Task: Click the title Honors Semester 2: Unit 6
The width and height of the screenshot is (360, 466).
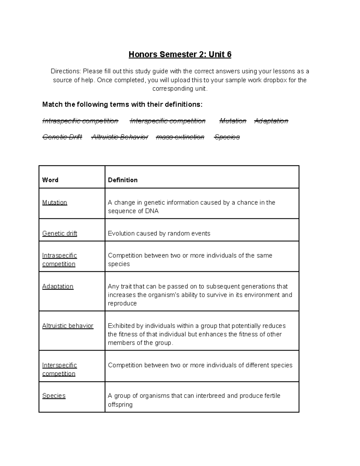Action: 180,54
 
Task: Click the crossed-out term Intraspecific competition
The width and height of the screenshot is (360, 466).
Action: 80,121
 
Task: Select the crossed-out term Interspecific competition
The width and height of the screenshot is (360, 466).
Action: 167,121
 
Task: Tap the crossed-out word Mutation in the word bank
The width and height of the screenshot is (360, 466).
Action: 232,121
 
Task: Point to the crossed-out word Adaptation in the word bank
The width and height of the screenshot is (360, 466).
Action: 271,121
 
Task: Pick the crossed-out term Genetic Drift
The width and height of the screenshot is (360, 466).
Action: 62,137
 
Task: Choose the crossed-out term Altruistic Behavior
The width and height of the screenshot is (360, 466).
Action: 120,137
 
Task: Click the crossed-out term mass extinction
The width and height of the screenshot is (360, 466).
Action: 180,137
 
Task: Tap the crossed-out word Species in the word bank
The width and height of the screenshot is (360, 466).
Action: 227,137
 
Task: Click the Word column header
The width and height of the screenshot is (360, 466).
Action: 50,180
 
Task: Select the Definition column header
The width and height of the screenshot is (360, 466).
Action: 123,180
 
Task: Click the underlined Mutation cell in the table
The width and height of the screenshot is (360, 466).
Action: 55,203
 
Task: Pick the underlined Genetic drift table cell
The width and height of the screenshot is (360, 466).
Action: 60,233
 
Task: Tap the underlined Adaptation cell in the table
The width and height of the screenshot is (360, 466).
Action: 58,286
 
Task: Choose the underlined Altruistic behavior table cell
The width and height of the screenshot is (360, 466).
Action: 68,326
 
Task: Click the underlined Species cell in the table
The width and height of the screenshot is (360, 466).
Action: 54,396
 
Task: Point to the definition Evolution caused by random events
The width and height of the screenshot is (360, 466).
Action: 159,233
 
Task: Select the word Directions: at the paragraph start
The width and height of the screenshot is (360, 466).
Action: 66,71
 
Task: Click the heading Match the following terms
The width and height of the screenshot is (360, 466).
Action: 122,104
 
